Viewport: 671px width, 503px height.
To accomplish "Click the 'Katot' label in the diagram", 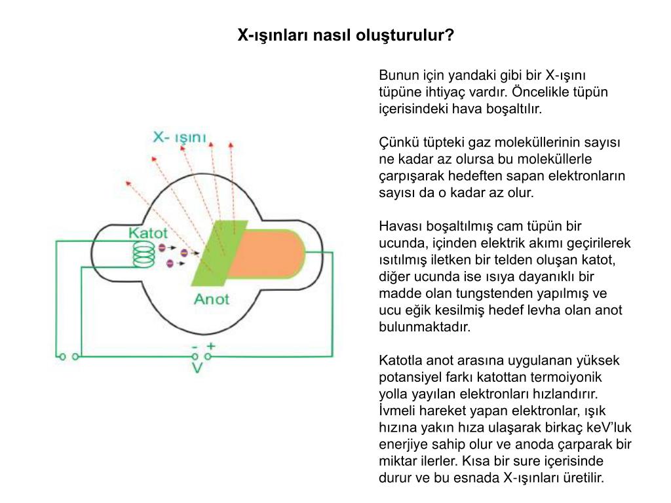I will (x=147, y=233).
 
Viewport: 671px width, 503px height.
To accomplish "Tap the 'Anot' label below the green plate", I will (x=211, y=299).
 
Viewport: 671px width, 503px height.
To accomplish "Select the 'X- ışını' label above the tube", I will (x=179, y=138).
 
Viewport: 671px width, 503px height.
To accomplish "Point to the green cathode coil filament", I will (x=142, y=255).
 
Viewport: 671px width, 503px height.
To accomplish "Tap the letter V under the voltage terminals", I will (x=197, y=368).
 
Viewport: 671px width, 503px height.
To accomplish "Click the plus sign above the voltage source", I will (x=210, y=345).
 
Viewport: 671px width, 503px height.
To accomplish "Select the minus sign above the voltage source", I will (x=194, y=346).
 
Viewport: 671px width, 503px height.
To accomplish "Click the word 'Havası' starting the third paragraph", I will (x=398, y=227).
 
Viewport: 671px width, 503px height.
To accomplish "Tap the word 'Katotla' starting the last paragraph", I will (x=400, y=360).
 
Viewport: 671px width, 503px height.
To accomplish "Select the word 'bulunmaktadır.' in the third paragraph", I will (x=425, y=327).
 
